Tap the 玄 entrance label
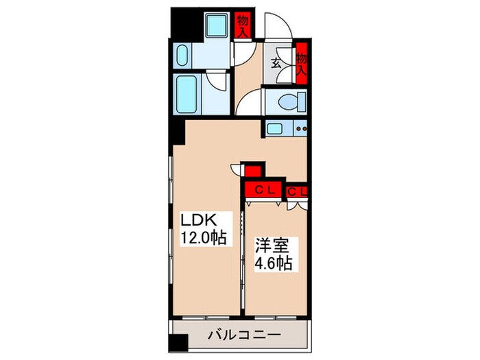(276, 64)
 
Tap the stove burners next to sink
(300, 128)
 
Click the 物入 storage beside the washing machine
(242, 26)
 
